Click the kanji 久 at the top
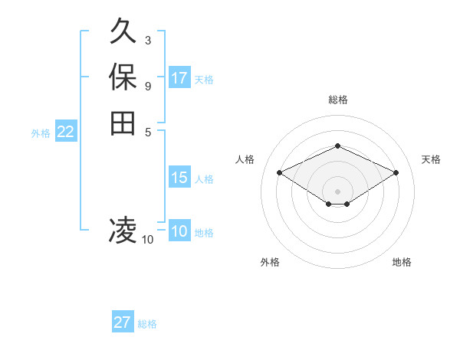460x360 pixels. tap(123, 32)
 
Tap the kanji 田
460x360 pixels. tap(123, 123)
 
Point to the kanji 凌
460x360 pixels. tap(123, 230)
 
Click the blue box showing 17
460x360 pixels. tap(179, 78)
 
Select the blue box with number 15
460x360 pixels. tap(179, 178)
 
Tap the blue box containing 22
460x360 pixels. tap(66, 132)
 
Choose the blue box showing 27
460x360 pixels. tap(123, 322)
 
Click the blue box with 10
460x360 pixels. tap(179, 231)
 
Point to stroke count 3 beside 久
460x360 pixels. tap(147, 40)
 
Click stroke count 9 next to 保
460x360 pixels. tap(147, 85)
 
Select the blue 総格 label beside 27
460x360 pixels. tap(147, 324)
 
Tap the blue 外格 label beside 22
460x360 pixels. tap(41, 133)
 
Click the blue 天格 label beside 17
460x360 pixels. tap(204, 79)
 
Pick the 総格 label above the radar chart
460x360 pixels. tap(337, 100)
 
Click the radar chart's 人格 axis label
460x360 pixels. tap(245, 159)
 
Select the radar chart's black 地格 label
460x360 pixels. tap(402, 262)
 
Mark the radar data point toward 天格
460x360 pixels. tap(396, 172)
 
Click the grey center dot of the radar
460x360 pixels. tap(337, 191)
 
